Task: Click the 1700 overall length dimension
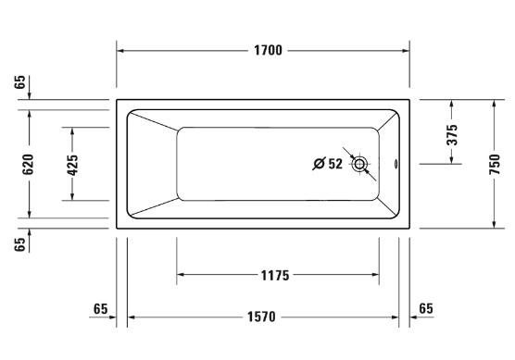tap(268, 51)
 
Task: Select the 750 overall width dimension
tap(495, 164)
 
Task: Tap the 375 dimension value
tap(452, 134)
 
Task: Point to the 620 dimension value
tap(28, 164)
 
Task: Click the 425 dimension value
tap(72, 165)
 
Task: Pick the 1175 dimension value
tap(275, 276)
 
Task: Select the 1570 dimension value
tap(261, 317)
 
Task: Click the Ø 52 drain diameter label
tap(327, 164)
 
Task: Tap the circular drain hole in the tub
tap(359, 164)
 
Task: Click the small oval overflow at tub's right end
tap(396, 164)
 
